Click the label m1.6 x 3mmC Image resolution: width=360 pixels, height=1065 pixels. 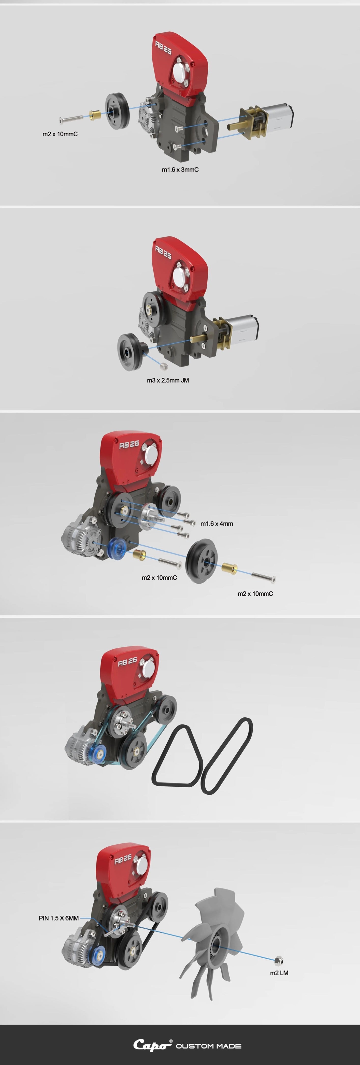180,169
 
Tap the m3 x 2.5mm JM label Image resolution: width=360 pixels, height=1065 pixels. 168,380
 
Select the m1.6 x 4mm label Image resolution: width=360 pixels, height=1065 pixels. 217,524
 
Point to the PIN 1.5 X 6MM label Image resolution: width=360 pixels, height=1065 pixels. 59,918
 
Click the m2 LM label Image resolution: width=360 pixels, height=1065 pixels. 279,973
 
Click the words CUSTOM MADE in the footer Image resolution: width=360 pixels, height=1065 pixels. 209,1046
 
